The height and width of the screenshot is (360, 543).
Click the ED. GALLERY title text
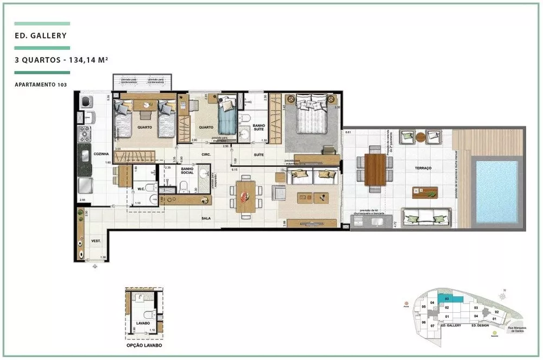pyautogui.click(x=41, y=36)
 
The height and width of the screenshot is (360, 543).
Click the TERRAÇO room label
pyautogui.click(x=423, y=169)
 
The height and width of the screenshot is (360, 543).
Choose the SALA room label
pyautogui.click(x=205, y=219)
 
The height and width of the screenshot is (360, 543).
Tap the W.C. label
pyautogui.click(x=140, y=190)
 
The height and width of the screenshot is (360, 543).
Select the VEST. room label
pyautogui.click(x=96, y=241)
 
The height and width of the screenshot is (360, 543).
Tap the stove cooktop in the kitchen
pyautogui.click(x=85, y=134)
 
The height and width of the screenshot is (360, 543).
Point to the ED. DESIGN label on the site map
pyautogui.click(x=482, y=325)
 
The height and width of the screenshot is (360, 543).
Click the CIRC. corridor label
pyautogui.click(x=206, y=155)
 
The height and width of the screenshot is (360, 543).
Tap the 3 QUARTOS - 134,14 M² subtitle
pyautogui.click(x=61, y=61)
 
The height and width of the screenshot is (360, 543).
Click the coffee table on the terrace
pyautogui.click(x=425, y=192)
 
